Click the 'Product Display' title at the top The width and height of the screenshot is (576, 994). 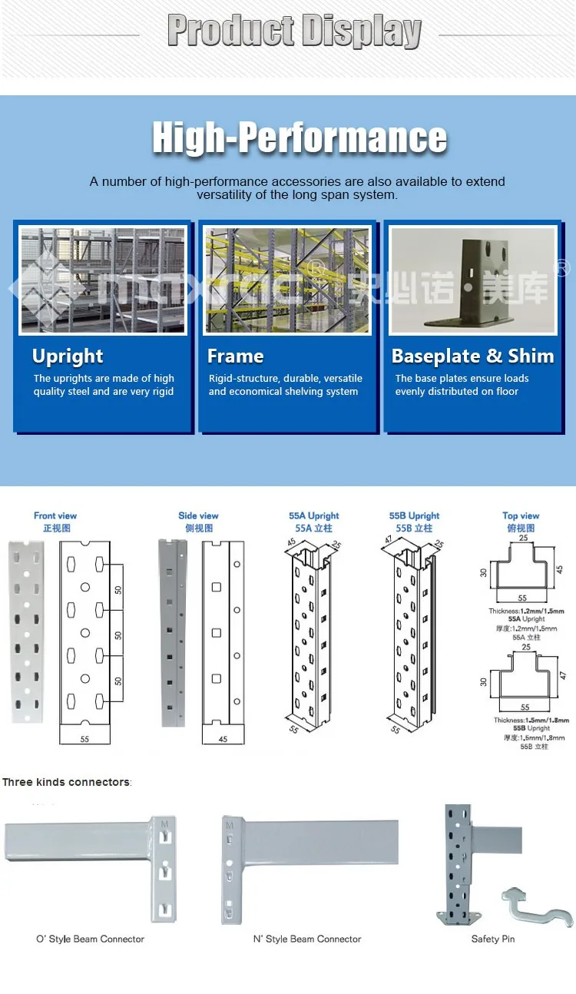click(294, 31)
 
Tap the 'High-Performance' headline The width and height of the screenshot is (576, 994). click(300, 138)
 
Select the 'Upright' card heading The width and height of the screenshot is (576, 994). click(68, 356)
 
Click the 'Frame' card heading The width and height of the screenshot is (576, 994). click(235, 356)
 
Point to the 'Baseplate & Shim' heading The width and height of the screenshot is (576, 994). click(472, 356)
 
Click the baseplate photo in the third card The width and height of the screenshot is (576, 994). click(473, 280)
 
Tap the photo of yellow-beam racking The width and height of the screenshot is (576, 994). click(286, 280)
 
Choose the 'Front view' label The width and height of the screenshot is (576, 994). click(55, 516)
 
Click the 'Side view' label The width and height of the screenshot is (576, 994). click(198, 516)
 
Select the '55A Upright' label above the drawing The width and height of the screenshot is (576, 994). click(314, 516)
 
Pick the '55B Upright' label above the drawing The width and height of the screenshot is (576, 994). click(414, 516)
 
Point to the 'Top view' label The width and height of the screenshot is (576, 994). click(521, 516)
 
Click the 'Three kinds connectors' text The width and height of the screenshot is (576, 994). click(67, 783)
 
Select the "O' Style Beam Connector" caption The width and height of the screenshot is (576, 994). click(90, 939)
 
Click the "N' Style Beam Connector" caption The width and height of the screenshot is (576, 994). click(307, 939)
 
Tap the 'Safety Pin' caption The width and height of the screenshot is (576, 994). click(492, 939)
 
